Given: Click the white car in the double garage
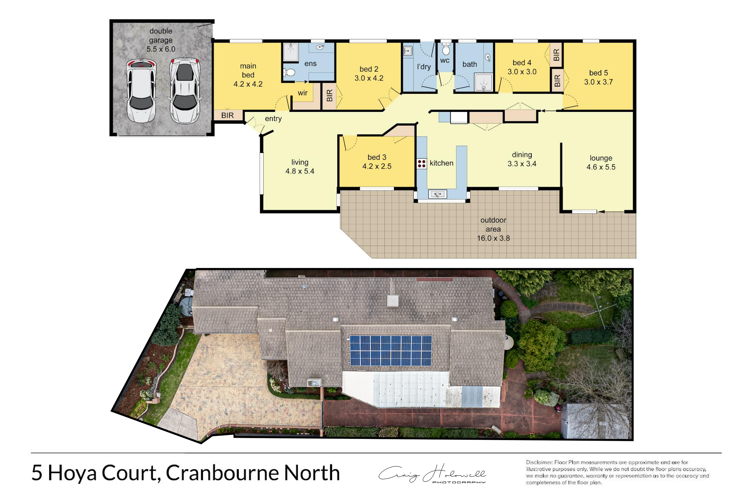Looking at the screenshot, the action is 141,91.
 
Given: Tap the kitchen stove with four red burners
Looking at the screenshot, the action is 421,163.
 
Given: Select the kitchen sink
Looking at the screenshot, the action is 437,194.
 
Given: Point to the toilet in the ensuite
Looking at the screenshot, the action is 289,72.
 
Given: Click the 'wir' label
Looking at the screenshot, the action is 302,93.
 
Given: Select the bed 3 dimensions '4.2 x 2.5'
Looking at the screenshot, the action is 377,166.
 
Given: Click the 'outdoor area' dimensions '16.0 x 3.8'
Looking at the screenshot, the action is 494,238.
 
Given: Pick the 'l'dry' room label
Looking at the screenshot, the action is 424,67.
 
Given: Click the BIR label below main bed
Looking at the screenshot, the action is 227,116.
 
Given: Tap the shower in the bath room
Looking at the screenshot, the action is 483,82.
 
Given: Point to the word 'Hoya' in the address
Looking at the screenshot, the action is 72,473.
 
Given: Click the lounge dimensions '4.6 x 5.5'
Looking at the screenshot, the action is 601,167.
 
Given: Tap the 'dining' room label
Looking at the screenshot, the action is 522,155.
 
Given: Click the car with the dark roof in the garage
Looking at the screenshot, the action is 185,91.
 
